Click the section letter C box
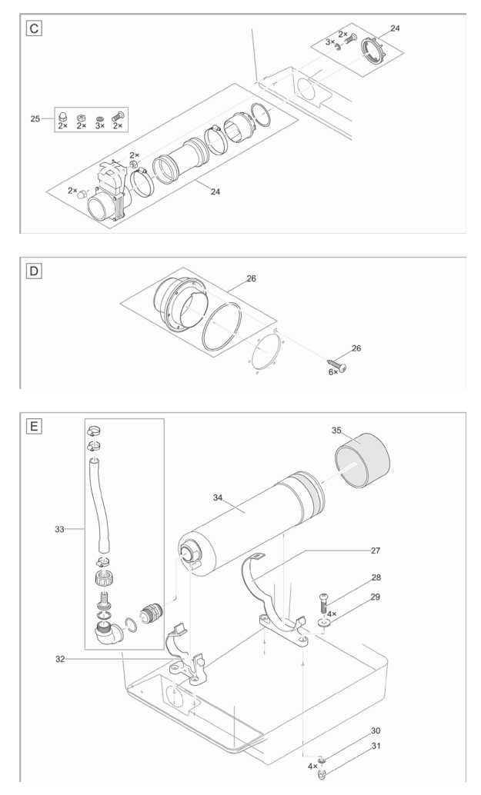pyautogui.click(x=32, y=28)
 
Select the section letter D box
pyautogui.click(x=32, y=271)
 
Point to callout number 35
pyautogui.click(x=336, y=431)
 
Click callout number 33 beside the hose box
pyautogui.click(x=58, y=530)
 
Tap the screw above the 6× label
pyautogui.click(x=338, y=361)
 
